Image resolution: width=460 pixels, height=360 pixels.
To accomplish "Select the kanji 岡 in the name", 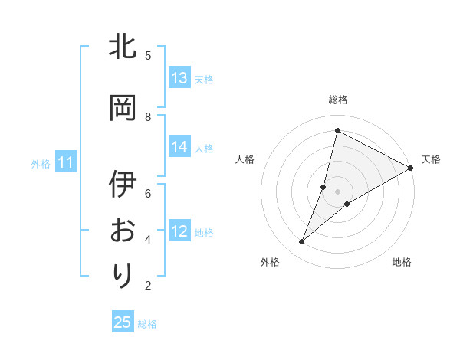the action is coord(123,107).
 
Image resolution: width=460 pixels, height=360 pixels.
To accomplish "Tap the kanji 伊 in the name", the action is coord(123,185).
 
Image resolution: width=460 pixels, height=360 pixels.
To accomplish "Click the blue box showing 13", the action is coord(179,77).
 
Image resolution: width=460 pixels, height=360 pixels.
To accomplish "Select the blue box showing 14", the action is coord(179,147).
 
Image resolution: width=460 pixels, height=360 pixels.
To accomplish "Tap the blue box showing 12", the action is coord(179,231).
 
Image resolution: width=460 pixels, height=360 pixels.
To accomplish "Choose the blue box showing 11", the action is coord(65,162).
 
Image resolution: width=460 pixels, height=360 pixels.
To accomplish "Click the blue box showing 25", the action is coord(123,322).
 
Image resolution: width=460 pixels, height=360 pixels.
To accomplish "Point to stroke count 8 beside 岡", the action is coord(148,116).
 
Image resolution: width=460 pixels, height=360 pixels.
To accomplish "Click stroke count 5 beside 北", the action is coord(148,55).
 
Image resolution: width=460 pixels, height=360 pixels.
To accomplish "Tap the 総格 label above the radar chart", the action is coord(337,100).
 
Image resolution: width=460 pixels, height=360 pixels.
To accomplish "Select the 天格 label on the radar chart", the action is coord(431,159).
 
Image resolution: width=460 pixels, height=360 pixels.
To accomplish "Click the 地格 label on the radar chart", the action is coord(402,262).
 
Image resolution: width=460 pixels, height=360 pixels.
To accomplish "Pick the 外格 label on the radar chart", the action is coord(270,262).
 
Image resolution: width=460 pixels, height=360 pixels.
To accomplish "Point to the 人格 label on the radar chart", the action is coord(245,159).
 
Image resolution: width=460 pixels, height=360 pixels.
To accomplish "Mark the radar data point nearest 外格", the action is coord(302,242).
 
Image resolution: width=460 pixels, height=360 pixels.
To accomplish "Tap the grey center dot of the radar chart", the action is coord(337,191).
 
